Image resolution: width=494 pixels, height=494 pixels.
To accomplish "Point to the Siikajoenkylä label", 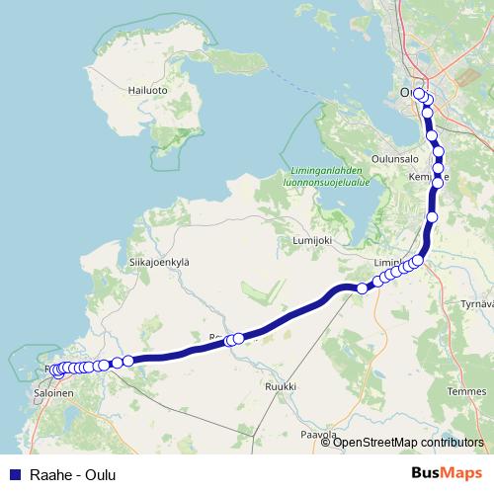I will pyautogui.click(x=158, y=262).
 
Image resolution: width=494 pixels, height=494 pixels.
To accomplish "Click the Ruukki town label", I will pyautogui.click(x=281, y=385).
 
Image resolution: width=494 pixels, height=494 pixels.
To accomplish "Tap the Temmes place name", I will pyautogui.click(x=466, y=391).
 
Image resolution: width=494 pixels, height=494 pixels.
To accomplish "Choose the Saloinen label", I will pyautogui.click(x=54, y=392).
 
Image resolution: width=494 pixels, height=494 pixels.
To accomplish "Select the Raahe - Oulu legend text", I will pyautogui.click(x=73, y=475).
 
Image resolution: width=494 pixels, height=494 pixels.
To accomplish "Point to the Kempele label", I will pyautogui.click(x=428, y=177).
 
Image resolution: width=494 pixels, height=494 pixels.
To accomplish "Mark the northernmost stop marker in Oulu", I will pyautogui.click(x=419, y=94).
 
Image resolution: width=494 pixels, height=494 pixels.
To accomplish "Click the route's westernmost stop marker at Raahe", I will pyautogui.click(x=57, y=372).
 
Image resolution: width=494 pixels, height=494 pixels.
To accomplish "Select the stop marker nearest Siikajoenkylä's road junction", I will pyautogui.click(x=238, y=338).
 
